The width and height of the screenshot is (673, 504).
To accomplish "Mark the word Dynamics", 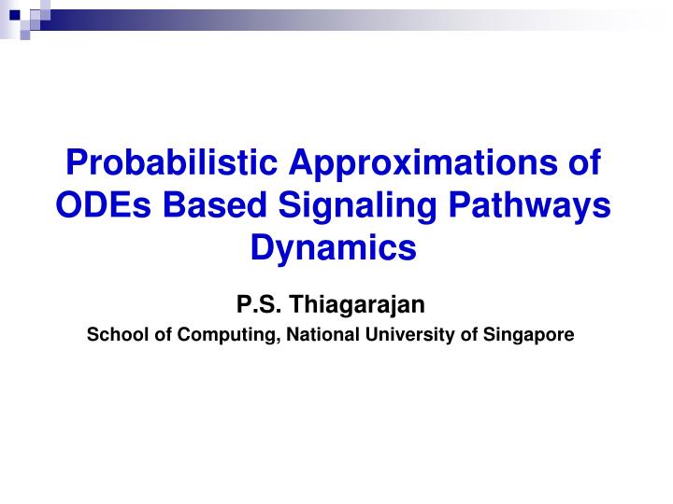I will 336,248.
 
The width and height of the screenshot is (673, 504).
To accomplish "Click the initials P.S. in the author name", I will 259,304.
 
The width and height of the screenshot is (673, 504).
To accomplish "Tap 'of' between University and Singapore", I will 470,334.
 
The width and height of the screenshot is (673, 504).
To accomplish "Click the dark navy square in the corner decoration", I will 14,14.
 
